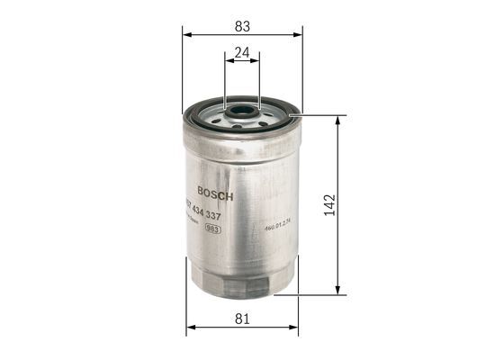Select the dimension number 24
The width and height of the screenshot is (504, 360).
coord(241,52)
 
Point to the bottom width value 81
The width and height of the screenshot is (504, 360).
coord(242,319)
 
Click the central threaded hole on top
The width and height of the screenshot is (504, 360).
coord(242,113)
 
